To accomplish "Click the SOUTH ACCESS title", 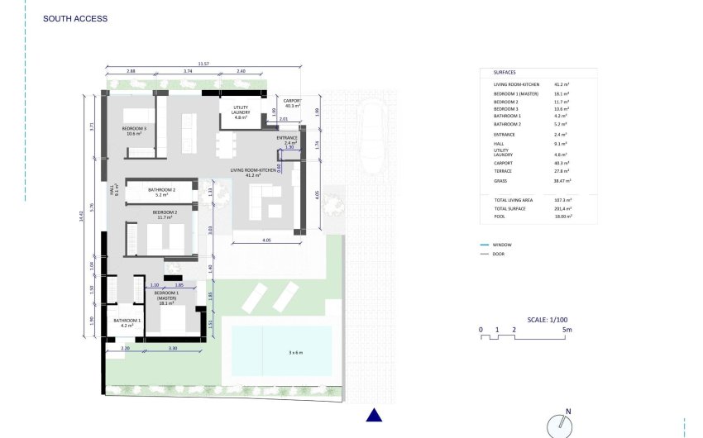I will [x=75, y=18].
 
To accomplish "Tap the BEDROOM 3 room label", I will [x=134, y=131].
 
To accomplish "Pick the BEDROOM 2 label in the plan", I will [x=163, y=215].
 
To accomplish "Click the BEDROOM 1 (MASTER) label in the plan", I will [x=167, y=298].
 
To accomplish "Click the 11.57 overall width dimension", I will [x=203, y=63].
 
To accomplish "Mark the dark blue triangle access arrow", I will [x=374, y=416].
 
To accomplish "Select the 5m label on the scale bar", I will [x=567, y=330].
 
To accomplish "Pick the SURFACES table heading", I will [x=505, y=72].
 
